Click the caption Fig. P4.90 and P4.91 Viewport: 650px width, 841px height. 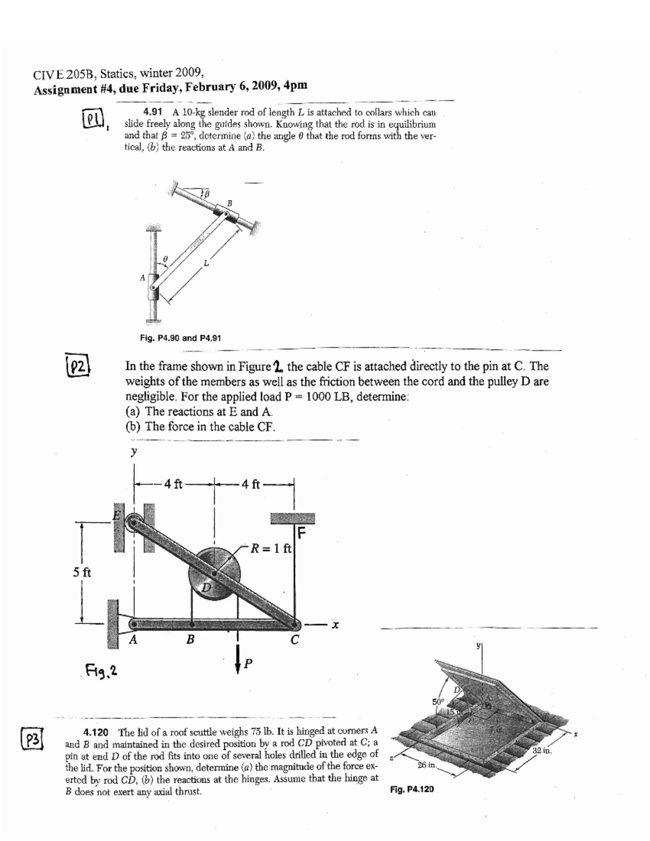click(x=180, y=338)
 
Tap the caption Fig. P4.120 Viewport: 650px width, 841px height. click(x=412, y=790)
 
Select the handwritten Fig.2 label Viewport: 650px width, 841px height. click(x=103, y=673)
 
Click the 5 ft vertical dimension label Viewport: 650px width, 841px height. click(x=82, y=572)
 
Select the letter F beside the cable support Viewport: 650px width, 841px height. click(x=302, y=533)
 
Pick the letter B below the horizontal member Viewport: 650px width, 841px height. click(x=190, y=640)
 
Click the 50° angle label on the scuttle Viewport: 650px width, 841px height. click(x=438, y=702)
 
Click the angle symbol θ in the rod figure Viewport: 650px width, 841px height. click(x=166, y=260)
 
